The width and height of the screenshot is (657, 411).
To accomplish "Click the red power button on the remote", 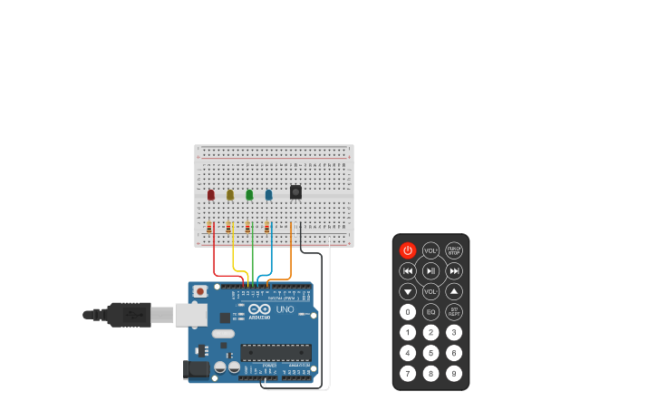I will coord(408,250).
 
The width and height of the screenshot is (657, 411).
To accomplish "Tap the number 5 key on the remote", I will coord(430,353).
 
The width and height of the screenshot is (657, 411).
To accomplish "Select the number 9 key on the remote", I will coord(454,373).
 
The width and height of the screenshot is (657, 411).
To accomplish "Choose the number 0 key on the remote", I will coord(408,312).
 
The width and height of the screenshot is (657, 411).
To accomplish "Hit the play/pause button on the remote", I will coord(430,270).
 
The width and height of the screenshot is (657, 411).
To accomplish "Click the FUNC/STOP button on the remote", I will coord(454,250).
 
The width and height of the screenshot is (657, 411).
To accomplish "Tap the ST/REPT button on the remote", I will coord(454,312).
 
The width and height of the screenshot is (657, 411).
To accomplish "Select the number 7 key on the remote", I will coord(408,373).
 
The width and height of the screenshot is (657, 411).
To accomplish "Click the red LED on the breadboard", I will coord(211,194).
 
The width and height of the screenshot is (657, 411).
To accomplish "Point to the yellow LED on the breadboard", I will coord(230,194).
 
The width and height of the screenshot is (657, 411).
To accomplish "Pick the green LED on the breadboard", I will coord(249,194).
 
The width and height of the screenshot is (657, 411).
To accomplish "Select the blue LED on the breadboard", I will coord(268,194).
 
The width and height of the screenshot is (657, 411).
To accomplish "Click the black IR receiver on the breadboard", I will coord(295,191).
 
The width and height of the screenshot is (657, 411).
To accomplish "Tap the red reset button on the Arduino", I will coord(199,291).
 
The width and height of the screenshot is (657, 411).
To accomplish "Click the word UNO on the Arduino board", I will coord(285,309).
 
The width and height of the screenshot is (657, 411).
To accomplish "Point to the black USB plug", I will coord(127,315).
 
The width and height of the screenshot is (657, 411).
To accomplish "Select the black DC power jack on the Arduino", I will coord(194,369).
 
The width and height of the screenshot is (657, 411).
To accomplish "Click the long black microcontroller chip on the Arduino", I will coord(275,353).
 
